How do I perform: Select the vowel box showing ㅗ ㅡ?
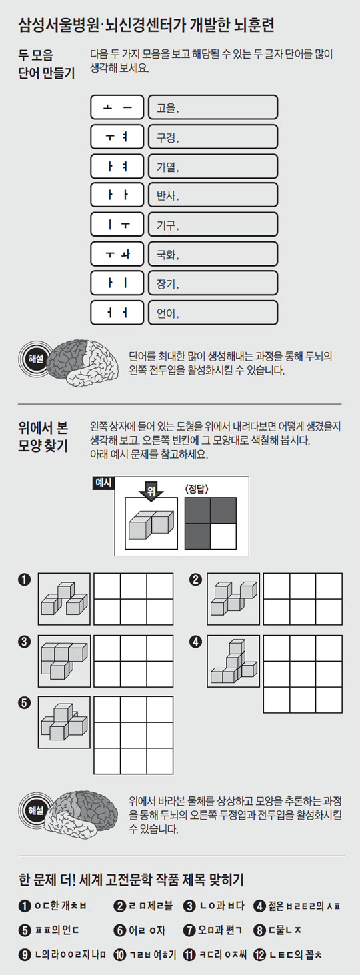pyautogui.click(x=117, y=107)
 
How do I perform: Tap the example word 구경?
pyautogui.click(x=167, y=137)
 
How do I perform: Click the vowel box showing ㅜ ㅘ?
pyautogui.click(x=117, y=254)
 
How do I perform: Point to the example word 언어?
pyautogui.click(x=167, y=313)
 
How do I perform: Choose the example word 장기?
pyautogui.click(x=167, y=283)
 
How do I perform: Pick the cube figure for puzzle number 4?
pyautogui.click(x=233, y=661)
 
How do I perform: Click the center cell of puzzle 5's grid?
pyautogui.click(x=133, y=735)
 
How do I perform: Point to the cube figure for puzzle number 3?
pyautogui.click(x=64, y=660)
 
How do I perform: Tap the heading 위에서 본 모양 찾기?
pyautogui.click(x=43, y=437)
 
